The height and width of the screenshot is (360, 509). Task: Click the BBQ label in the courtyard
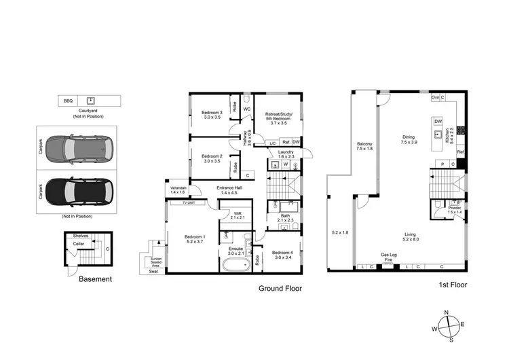(x=68, y=101)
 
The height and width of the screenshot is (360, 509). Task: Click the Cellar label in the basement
(x=79, y=244)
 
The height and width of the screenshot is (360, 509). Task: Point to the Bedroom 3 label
(x=212, y=113)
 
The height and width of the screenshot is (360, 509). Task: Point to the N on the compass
(x=447, y=312)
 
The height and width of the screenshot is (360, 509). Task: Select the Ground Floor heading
(x=280, y=288)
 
